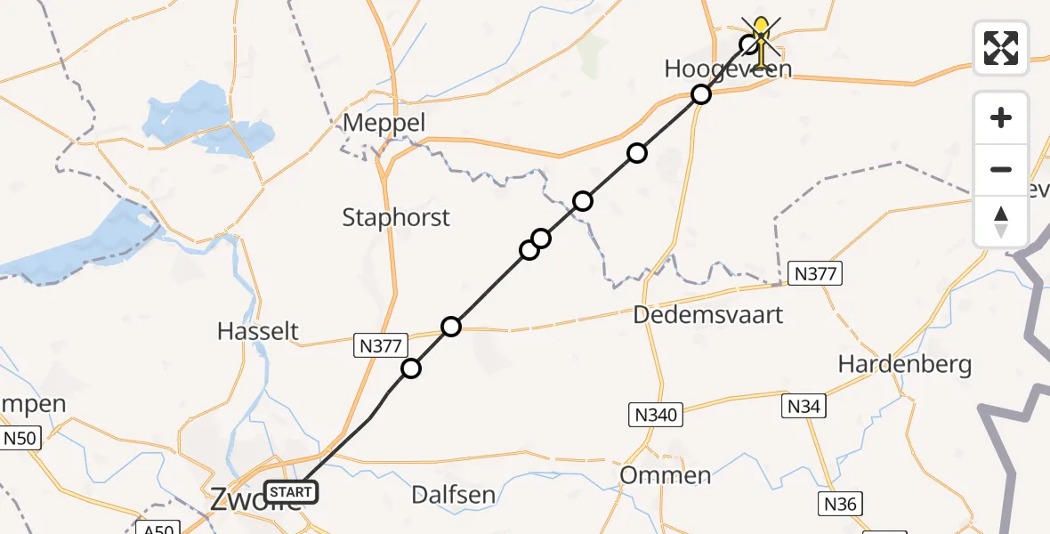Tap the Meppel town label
coord(386,124)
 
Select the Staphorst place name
coord(396,217)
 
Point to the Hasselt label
coord(257,331)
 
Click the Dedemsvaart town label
coord(708,314)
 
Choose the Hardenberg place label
coord(905,364)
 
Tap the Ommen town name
coord(665,474)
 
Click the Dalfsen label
coord(454,495)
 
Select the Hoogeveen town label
coord(727,69)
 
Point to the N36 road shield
coord(840,505)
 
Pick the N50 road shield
coord(20,438)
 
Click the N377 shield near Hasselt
coord(383,345)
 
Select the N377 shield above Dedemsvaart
coord(815,274)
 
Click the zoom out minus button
coord(1001,169)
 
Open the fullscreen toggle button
coord(1001,48)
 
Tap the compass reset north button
coord(1001,221)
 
